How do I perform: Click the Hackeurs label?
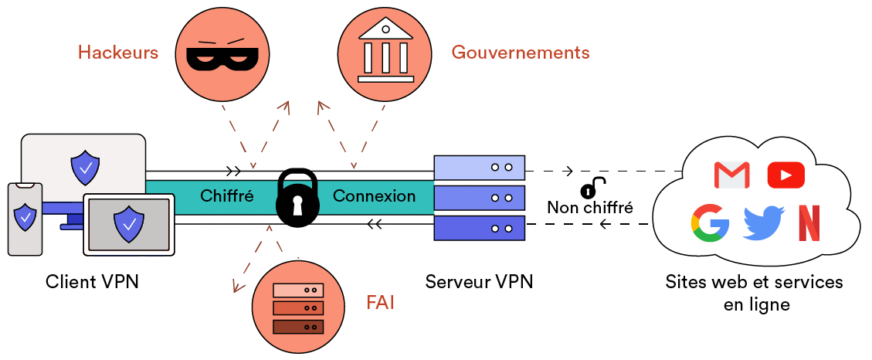coord(118,53)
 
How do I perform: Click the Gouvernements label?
coord(521,53)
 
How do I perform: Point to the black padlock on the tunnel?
coord(297,199)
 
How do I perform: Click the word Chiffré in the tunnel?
coord(227,196)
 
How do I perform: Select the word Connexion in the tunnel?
coord(374,196)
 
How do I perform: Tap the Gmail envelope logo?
coord(731,175)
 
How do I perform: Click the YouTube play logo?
coord(785,175)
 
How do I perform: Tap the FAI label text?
coord(380,302)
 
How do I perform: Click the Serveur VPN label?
coord(479,281)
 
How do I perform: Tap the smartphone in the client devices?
coord(25,219)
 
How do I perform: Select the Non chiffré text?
coord(590,207)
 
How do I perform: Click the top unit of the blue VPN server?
coord(480,167)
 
